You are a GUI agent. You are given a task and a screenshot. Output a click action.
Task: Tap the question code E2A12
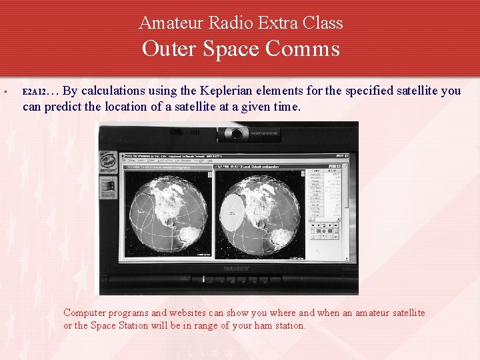tap(34, 92)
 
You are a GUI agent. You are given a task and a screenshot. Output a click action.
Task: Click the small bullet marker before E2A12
tap(5, 91)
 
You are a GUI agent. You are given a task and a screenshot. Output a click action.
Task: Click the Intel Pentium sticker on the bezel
tap(109, 162)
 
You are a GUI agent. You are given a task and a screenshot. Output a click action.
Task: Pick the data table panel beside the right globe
tap(325, 193)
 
